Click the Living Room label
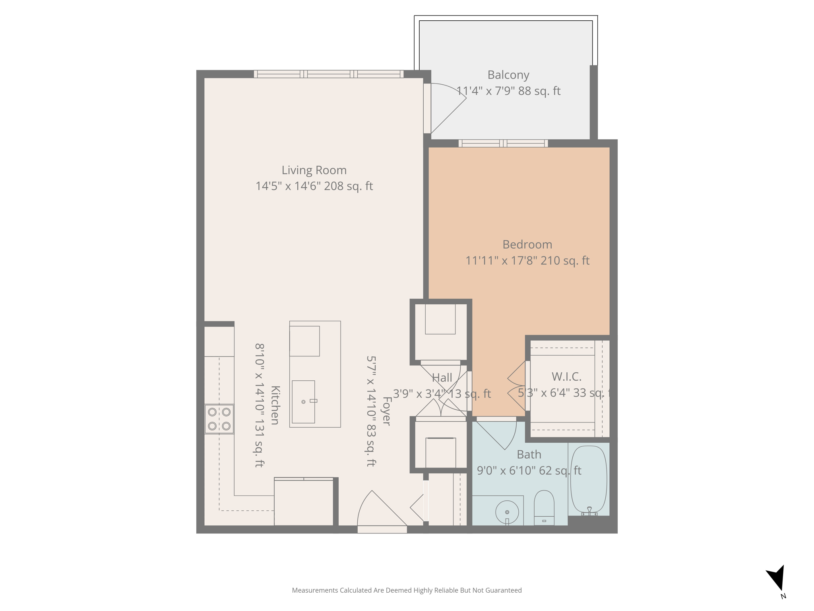coord(314,170)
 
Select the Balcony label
coord(508,75)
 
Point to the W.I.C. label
coord(566,376)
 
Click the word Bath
coord(529,454)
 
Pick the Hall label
coord(442,377)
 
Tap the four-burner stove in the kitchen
coord(219,419)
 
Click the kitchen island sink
coord(304,402)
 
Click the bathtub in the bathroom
coord(588,480)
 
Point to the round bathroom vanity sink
coord(507,512)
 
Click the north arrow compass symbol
coord(777,579)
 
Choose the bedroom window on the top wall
coord(503,143)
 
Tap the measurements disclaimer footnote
coord(407,590)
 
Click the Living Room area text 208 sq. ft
coord(348,186)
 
